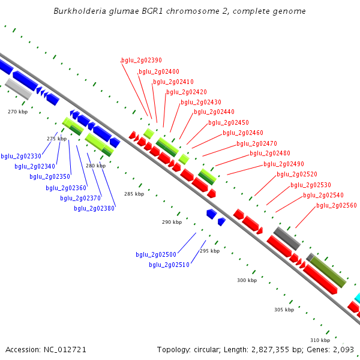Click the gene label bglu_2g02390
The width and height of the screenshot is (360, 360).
point(142,60)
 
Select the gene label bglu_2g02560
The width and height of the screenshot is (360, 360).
point(337,205)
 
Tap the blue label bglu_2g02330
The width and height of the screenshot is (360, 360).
point(21,156)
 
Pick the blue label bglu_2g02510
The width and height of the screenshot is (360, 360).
point(169,265)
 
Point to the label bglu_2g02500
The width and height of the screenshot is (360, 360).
point(156,254)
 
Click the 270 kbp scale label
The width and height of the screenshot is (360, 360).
point(18,112)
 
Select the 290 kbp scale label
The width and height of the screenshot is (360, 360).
point(172,222)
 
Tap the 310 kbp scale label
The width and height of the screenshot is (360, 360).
point(320,340)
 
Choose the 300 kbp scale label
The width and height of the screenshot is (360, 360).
point(247,280)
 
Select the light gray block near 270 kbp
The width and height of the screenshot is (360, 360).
point(19,89)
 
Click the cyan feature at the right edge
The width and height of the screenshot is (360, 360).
point(356,298)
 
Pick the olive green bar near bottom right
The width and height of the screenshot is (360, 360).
point(328,272)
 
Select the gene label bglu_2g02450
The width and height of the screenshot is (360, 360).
point(229,122)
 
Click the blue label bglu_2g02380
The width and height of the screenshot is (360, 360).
point(94,208)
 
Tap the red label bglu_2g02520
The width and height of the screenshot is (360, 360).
point(297,174)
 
